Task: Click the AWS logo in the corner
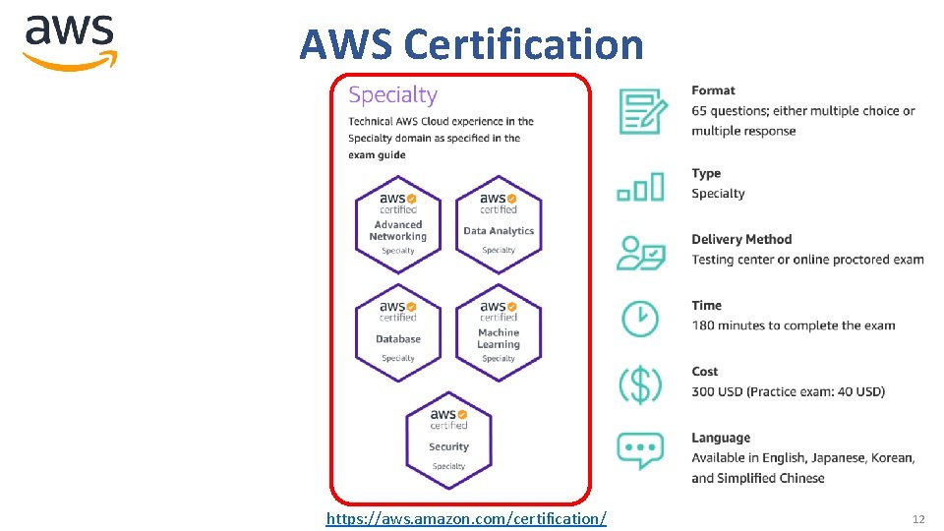coord(70,41)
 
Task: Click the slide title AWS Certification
coord(471,44)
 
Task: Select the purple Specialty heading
coord(392,95)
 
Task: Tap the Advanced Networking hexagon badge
coord(398,222)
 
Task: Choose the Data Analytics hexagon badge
coord(499,222)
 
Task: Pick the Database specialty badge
coord(398,330)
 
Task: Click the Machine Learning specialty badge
coord(499,330)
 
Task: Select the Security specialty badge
coord(448,439)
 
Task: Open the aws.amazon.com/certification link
coord(466,517)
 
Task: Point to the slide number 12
coord(918,518)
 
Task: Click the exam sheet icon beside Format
coord(640,110)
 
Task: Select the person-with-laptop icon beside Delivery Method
coord(640,250)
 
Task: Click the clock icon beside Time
coord(640,317)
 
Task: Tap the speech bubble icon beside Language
coord(640,449)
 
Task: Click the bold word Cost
coord(705,372)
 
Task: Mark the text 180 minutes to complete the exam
coord(794,325)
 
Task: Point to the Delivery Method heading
coord(741,239)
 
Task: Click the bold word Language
coord(721,438)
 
